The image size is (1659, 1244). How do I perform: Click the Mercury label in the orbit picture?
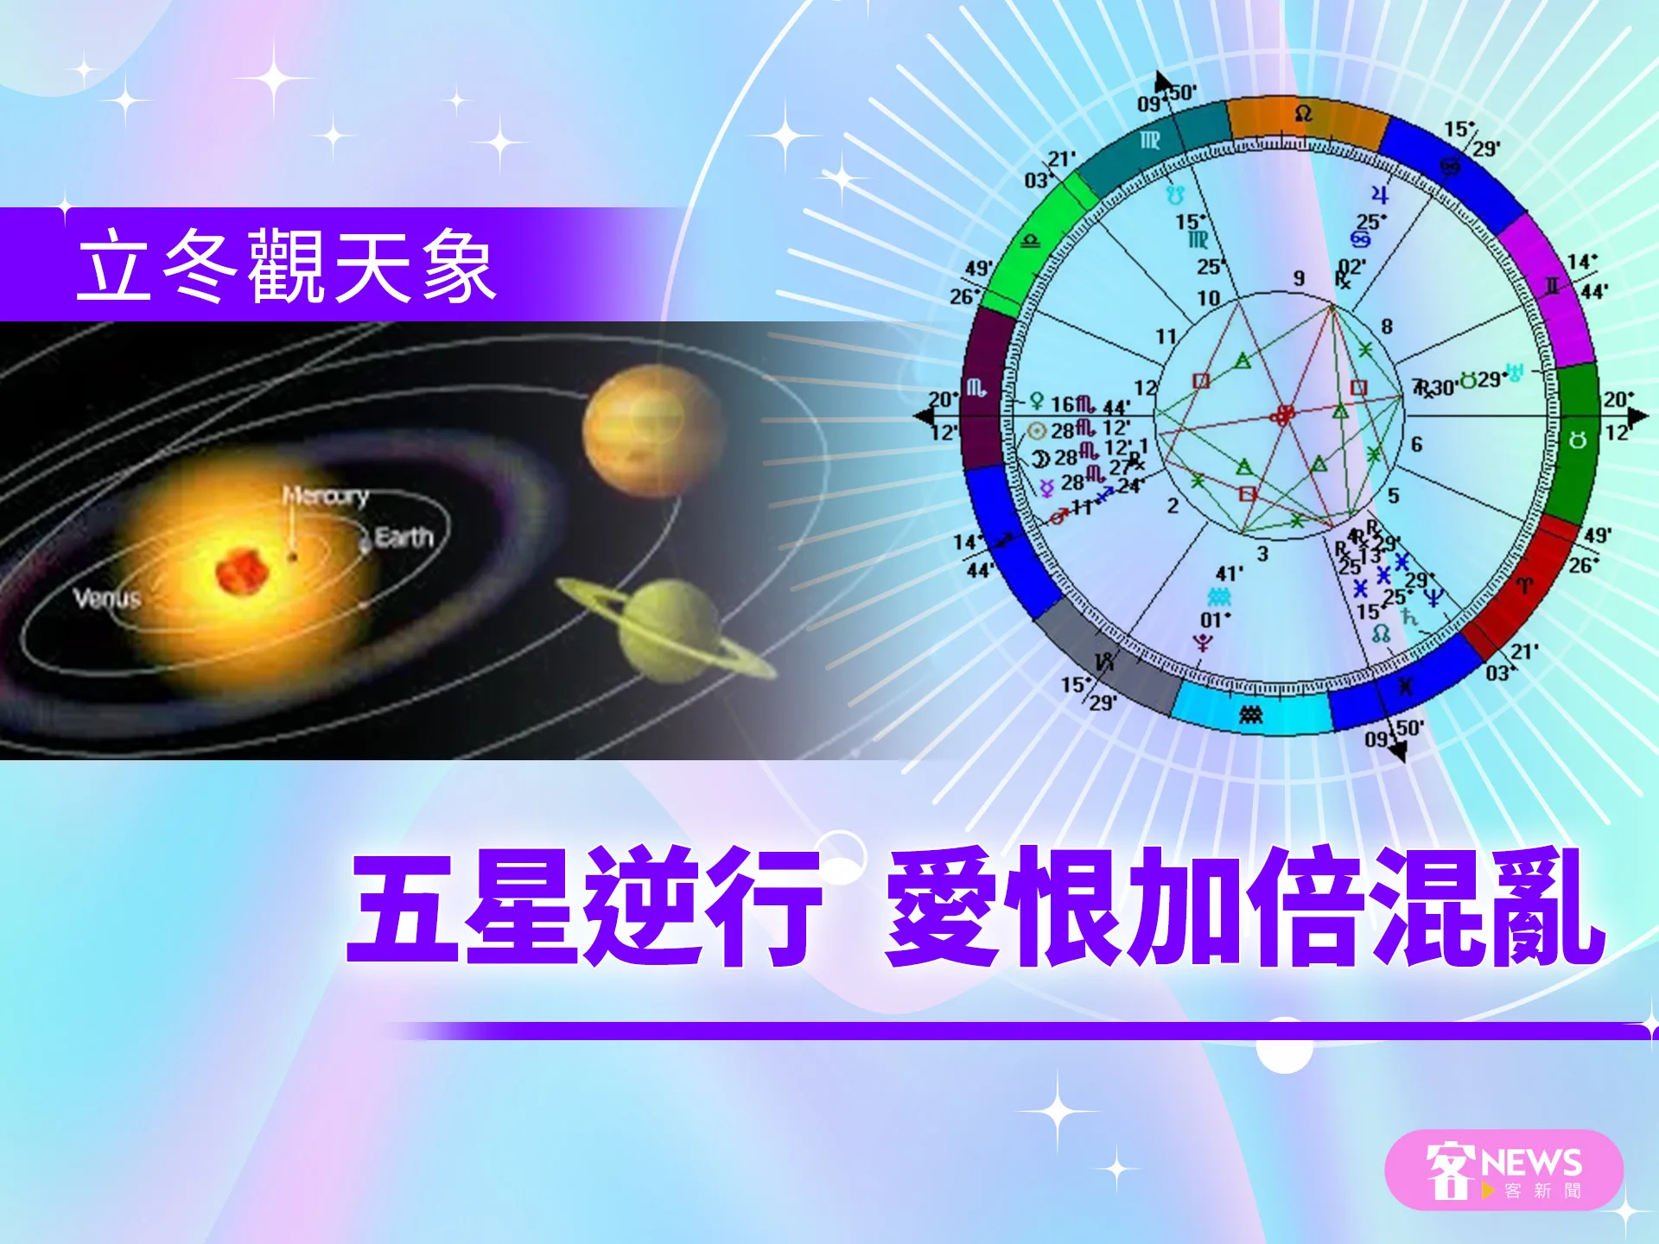tap(326, 496)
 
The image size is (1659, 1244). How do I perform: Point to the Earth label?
tap(404, 538)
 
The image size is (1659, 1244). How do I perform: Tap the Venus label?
tap(107, 598)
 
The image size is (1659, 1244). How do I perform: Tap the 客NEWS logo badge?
tap(1503, 1171)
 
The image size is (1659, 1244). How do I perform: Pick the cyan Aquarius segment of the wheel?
tap(1251, 712)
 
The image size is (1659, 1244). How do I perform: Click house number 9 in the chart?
tap(1299, 278)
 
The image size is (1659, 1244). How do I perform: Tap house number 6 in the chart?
tap(1416, 444)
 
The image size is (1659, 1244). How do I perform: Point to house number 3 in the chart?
tap(1262, 554)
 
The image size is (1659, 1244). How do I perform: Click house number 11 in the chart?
tap(1166, 336)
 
